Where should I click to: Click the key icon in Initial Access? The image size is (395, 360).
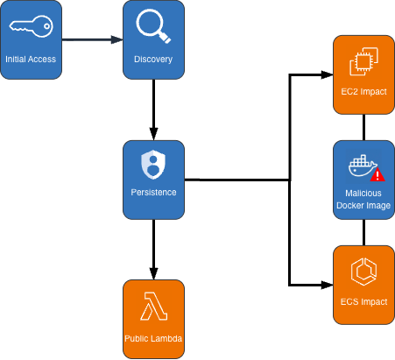pos(31,29)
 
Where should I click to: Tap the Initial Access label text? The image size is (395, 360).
pos(31,60)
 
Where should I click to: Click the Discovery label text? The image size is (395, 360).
pos(153,60)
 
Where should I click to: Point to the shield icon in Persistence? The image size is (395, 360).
pos(153,162)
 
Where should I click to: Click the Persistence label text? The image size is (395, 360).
pos(153,192)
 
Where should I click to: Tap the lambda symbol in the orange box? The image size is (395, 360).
pos(153,307)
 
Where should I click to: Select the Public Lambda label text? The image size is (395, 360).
pos(153,338)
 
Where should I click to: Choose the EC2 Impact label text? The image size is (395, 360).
pos(363,92)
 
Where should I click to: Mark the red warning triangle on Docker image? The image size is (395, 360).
pos(378,175)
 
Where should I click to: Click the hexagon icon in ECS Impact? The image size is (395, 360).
pos(363,272)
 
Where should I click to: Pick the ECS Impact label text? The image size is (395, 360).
pos(363,302)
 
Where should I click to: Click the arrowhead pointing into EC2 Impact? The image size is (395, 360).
pos(327,74)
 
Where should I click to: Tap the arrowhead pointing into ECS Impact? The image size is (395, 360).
pos(327,285)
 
